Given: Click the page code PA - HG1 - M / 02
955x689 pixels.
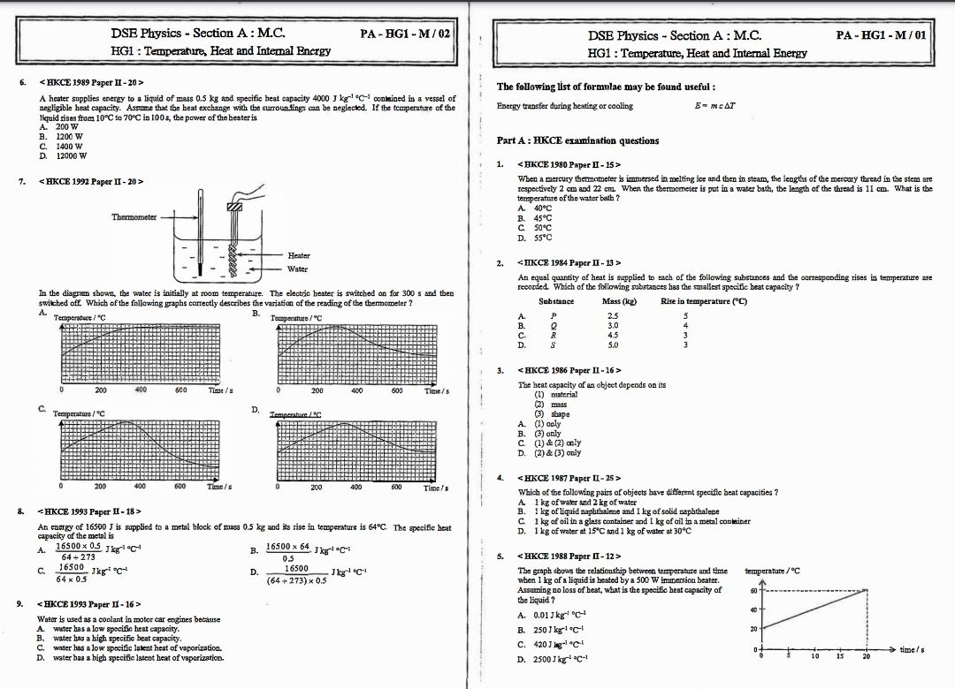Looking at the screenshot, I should pyautogui.click(x=406, y=34).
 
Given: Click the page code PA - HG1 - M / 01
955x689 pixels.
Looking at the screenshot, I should pyautogui.click(x=881, y=35).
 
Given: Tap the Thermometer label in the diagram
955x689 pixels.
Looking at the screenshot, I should pyautogui.click(x=134, y=216).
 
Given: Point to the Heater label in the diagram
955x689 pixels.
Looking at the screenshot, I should pyautogui.click(x=299, y=255).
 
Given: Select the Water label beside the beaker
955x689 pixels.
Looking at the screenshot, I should pyautogui.click(x=298, y=269).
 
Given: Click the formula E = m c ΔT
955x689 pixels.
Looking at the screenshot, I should pyautogui.click(x=716, y=106).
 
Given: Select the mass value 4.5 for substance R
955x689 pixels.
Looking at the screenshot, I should pyautogui.click(x=613, y=335).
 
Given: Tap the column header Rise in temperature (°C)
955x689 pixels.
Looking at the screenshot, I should pyautogui.click(x=704, y=301).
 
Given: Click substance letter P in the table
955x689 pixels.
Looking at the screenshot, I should pyautogui.click(x=554, y=315).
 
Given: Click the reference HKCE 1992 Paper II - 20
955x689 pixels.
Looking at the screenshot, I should pyautogui.click(x=91, y=182).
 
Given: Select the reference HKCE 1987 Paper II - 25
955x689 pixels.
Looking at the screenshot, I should pyautogui.click(x=571, y=478).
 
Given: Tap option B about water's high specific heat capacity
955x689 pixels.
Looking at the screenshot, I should pyautogui.click(x=110, y=638).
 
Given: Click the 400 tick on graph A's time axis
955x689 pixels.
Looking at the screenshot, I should pyautogui.click(x=141, y=390).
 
